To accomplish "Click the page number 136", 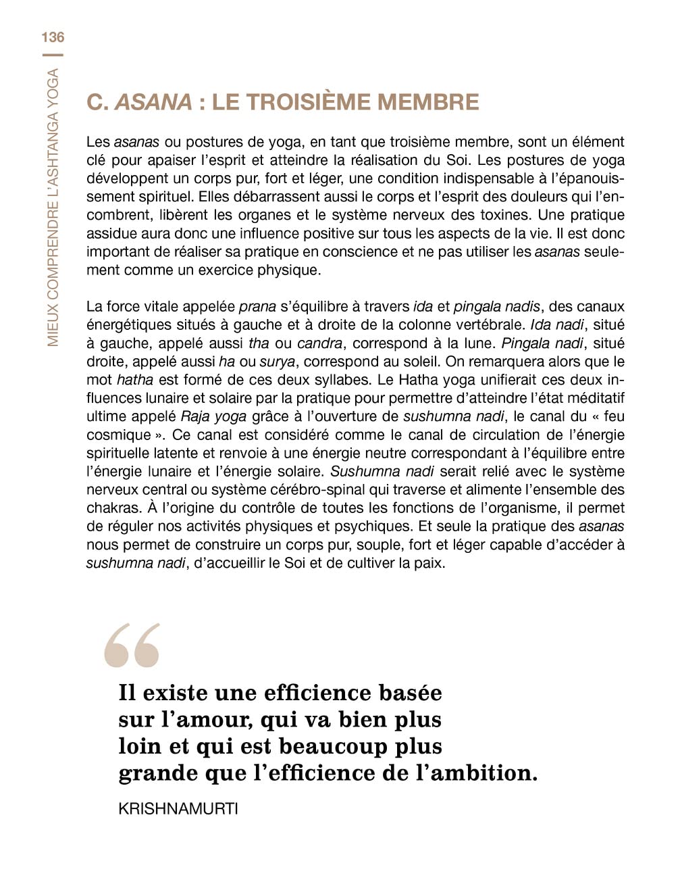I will click(53, 37).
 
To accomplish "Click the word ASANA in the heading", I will click(153, 102).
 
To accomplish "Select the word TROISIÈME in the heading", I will click(304, 102).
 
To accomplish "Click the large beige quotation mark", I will click(132, 645).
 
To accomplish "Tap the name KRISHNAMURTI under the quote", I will click(178, 809).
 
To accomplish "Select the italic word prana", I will click(257, 307).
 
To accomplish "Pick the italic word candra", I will click(319, 343).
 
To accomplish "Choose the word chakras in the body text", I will click(112, 508).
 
